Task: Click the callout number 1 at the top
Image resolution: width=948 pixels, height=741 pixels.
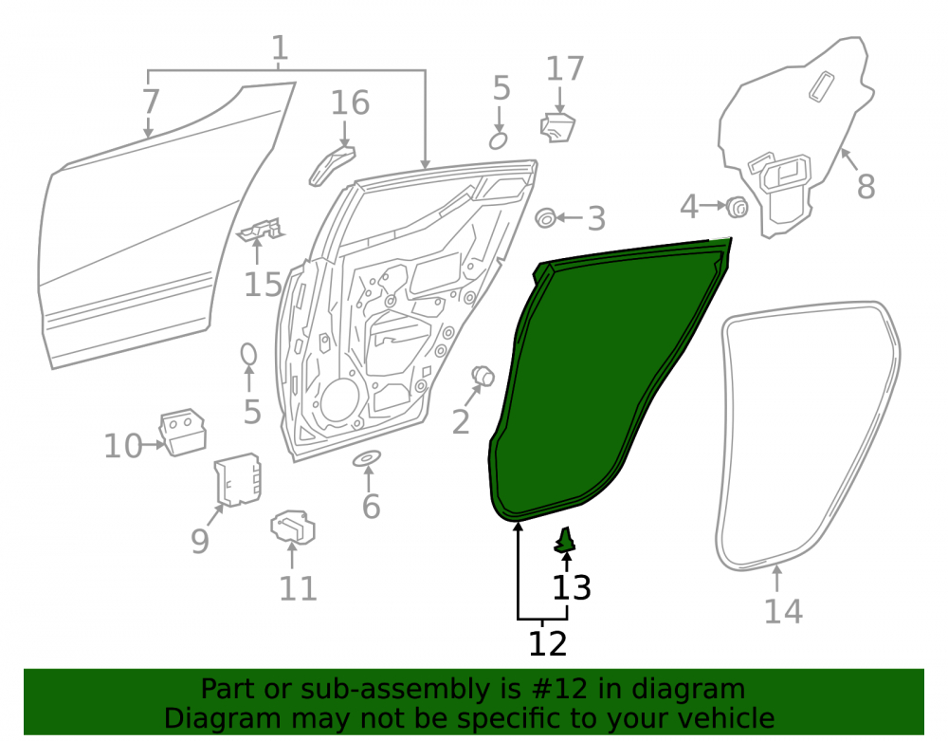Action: pos(279,47)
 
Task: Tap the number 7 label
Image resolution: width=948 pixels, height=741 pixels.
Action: pos(151,102)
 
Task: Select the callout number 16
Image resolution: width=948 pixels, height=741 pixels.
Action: pos(350,102)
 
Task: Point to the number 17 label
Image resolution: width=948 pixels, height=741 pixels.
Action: pos(565,69)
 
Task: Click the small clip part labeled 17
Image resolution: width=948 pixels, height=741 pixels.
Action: pos(557,127)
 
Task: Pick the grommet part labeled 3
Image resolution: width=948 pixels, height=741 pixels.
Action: pos(546,218)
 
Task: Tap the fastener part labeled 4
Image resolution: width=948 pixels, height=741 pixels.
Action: pos(737,208)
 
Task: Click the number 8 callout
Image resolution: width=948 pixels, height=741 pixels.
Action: pos(866,187)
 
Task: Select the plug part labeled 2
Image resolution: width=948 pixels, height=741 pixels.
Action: pos(483,377)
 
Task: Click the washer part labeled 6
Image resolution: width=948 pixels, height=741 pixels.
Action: pos(367,458)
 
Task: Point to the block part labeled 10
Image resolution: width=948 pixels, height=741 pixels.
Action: pos(183,432)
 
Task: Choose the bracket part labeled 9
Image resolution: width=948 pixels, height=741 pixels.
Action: pos(238,479)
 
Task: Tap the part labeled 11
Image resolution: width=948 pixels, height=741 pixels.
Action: pos(293,527)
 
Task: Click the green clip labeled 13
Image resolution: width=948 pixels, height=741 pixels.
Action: pos(565,540)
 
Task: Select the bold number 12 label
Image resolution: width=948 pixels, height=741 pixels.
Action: pos(548,643)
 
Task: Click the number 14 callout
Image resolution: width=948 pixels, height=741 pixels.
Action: pos(784,612)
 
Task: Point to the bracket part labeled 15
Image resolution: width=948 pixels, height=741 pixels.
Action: pos(262,230)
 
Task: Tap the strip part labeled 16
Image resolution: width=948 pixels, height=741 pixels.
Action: pos(331,164)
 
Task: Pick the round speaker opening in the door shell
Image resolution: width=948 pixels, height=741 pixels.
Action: pos(340,400)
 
